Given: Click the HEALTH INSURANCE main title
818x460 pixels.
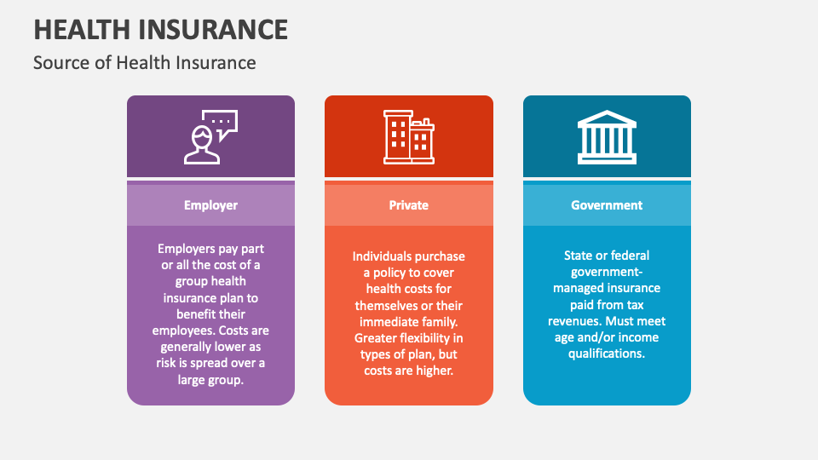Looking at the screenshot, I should (160, 29).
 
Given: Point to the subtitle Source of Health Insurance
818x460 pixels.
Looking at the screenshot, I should (144, 62).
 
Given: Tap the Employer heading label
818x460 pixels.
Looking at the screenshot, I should (210, 205).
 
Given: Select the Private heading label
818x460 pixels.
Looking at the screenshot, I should (409, 205).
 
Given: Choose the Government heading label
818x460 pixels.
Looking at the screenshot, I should (607, 205).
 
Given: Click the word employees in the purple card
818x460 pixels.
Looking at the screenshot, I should (183, 331).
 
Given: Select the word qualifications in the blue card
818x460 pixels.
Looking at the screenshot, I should (607, 354).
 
